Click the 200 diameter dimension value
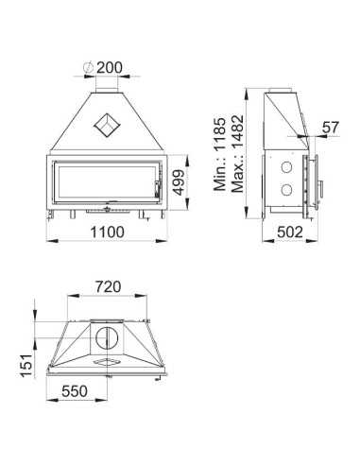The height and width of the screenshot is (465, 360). [109, 67]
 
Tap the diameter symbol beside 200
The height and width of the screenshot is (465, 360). [88, 67]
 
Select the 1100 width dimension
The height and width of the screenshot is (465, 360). [108, 232]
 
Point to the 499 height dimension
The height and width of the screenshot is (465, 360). [179, 182]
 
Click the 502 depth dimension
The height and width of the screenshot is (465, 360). [290, 232]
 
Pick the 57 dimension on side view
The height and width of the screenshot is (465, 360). [330, 128]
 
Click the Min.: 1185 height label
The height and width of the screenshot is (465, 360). [219, 154]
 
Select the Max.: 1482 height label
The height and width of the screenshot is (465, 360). [237, 154]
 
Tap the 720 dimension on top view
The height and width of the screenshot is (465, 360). [108, 287]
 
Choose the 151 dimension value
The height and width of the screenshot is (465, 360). [26, 366]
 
